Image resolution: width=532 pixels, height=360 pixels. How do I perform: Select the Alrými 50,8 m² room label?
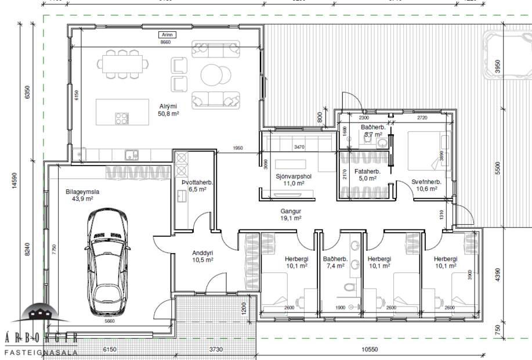coord(168,110)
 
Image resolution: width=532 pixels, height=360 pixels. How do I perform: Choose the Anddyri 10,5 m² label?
coord(202,256)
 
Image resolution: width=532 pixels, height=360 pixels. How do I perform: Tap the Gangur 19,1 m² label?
coord(290,215)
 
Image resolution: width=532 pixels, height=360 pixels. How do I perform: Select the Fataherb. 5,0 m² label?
coord(366,175)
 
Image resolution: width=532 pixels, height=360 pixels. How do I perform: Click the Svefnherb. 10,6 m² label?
coord(426,185)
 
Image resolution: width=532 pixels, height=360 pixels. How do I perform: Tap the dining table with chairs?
coord(122,63)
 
